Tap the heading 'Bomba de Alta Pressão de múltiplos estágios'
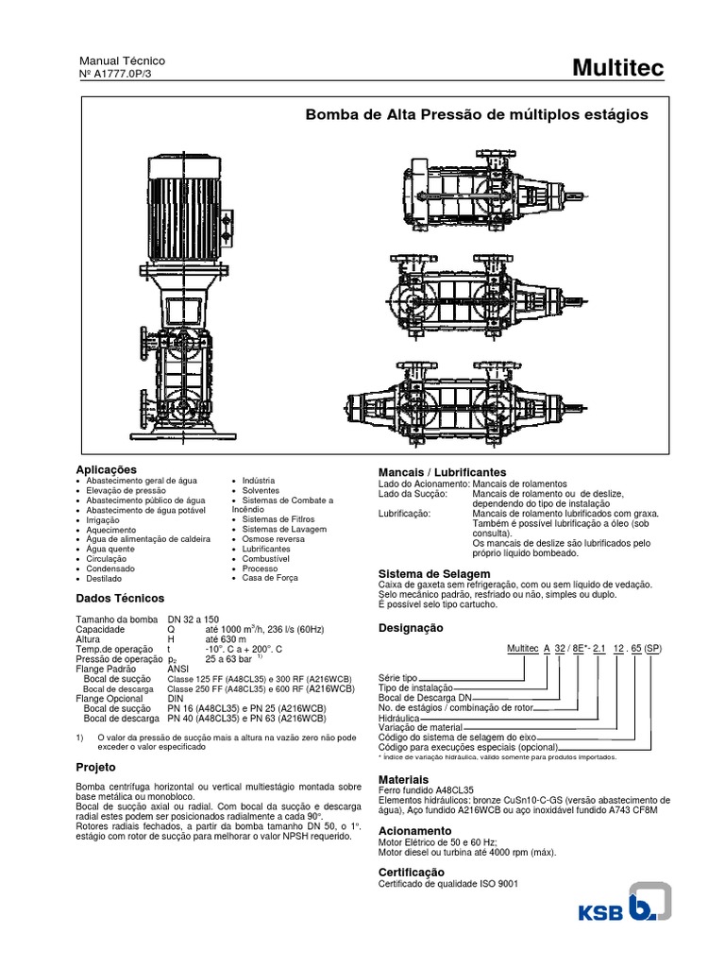(x=477, y=114)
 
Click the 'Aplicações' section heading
(x=106, y=469)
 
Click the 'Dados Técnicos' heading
(x=120, y=599)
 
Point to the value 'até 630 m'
(x=226, y=639)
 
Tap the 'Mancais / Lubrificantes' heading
(x=442, y=471)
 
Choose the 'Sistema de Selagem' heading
(x=434, y=574)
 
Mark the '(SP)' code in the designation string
(x=653, y=651)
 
